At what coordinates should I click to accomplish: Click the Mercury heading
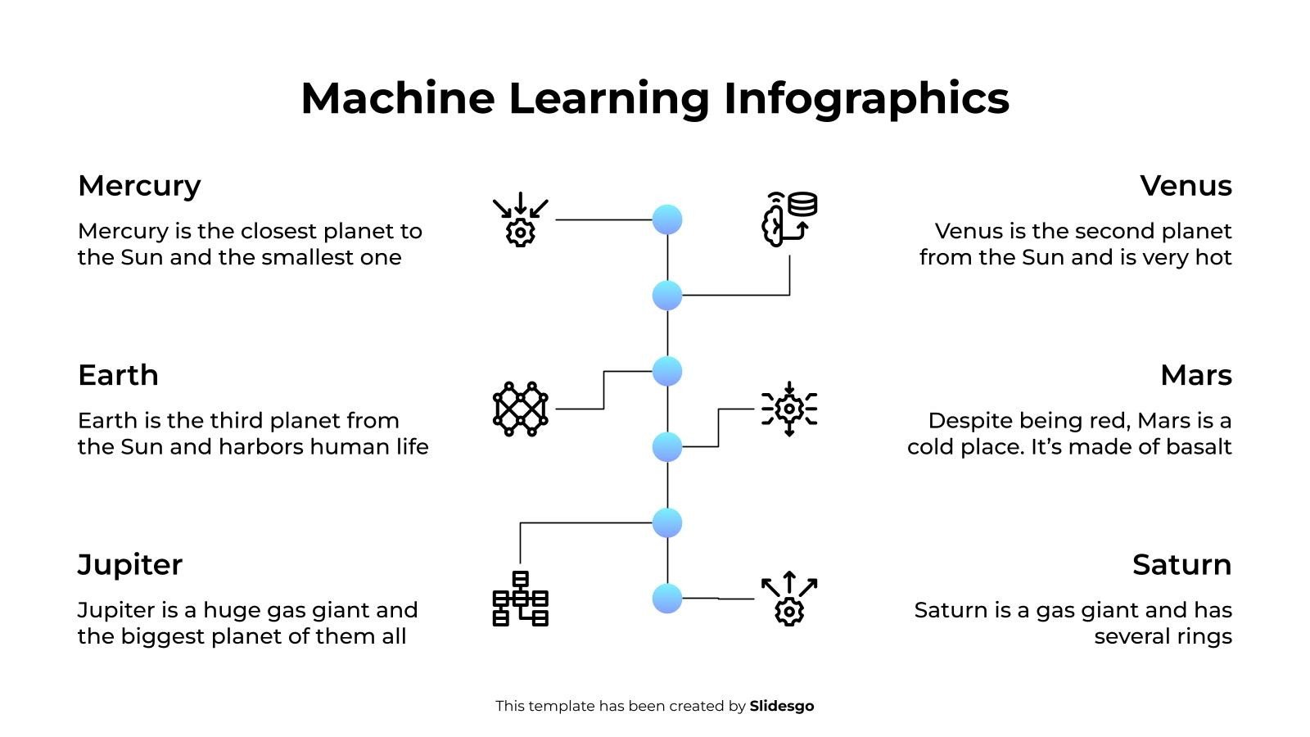point(139,187)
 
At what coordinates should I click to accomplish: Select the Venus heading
point(1186,186)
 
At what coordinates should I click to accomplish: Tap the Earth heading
point(118,376)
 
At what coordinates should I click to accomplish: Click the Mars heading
point(1195,376)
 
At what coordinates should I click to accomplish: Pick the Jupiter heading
point(129,565)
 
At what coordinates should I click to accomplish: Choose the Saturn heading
point(1181,565)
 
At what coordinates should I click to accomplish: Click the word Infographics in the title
point(866,99)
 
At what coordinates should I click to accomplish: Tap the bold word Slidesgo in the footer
point(781,706)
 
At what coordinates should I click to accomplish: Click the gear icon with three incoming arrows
point(520,219)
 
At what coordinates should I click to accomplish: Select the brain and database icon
point(788,219)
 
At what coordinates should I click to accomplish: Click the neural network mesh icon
point(520,408)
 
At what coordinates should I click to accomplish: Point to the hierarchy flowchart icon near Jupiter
point(520,599)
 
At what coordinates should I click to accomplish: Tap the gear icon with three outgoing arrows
point(788,599)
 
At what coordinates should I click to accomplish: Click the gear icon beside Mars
point(788,408)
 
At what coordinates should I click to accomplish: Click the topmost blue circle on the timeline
point(667,219)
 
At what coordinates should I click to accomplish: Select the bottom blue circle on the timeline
point(667,599)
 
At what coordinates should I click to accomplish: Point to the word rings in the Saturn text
point(1204,637)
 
